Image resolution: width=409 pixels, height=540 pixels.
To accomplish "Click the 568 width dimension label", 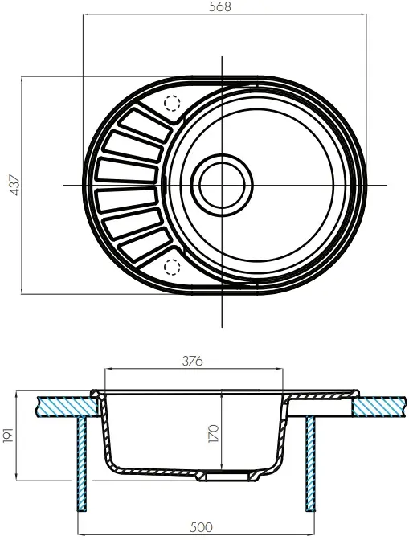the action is pos(220,7).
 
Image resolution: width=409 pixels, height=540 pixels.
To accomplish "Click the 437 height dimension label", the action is pos(15,186).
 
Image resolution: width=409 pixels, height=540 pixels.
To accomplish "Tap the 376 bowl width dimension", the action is pos(193,362).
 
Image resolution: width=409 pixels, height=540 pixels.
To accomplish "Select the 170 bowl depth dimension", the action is pos(214,433).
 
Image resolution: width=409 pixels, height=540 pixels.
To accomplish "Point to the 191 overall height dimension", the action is pos(8,436).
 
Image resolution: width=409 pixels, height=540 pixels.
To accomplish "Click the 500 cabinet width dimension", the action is pos(202,527).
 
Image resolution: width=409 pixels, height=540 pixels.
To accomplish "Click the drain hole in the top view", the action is pos(222,185).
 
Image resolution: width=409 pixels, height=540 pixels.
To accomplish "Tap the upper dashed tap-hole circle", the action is pos(172,103).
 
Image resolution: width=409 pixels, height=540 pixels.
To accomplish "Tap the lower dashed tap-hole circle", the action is pos(172,268).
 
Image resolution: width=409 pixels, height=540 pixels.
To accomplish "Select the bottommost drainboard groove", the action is pos(145,246).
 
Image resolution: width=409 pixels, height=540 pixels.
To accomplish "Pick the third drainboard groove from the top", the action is pos(128,170).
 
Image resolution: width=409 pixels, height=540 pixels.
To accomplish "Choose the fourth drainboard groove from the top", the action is pos(128,200).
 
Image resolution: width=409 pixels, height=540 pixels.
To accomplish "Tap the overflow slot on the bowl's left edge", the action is pos(166,185).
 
